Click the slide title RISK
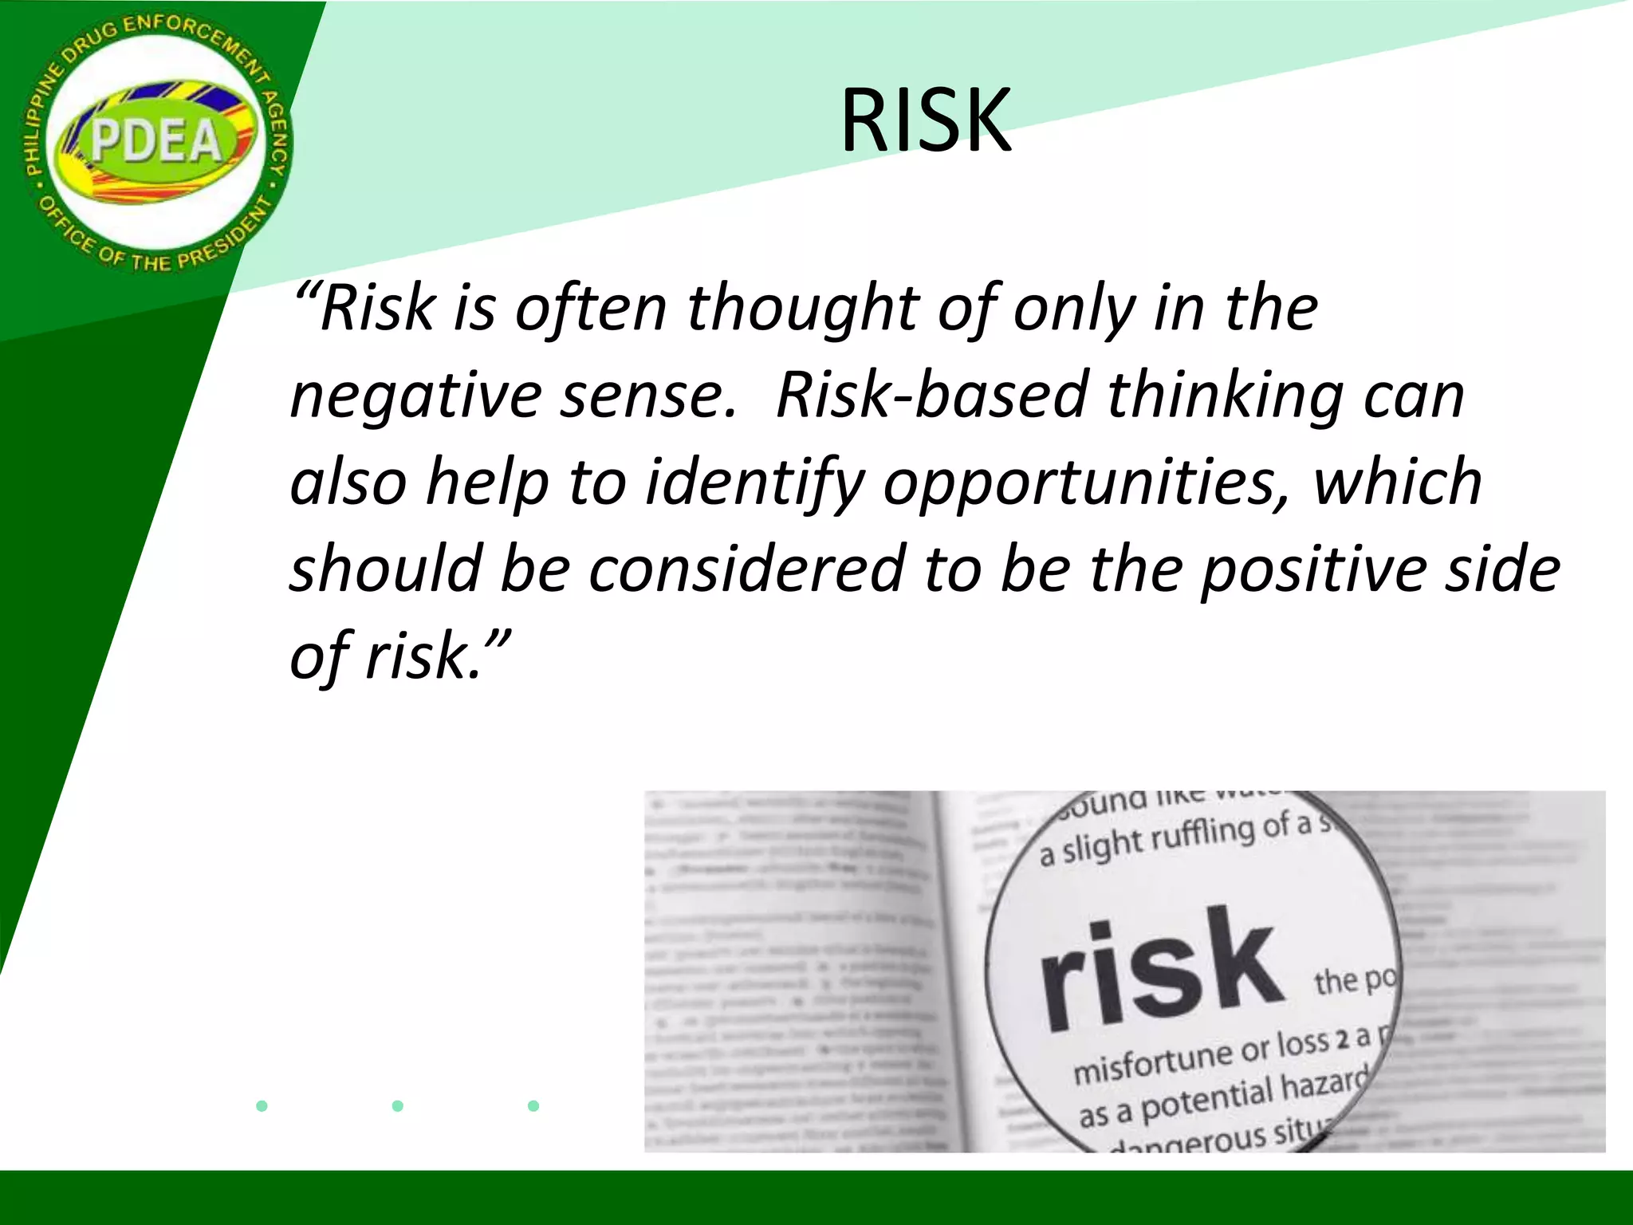(x=925, y=121)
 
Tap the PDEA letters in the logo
(x=155, y=142)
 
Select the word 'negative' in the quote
(x=415, y=396)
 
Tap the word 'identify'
(x=754, y=483)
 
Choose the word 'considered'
(x=746, y=569)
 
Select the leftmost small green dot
(x=262, y=1105)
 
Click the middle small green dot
(x=398, y=1105)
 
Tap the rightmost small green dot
(x=533, y=1105)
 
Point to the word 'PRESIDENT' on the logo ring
(x=220, y=239)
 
